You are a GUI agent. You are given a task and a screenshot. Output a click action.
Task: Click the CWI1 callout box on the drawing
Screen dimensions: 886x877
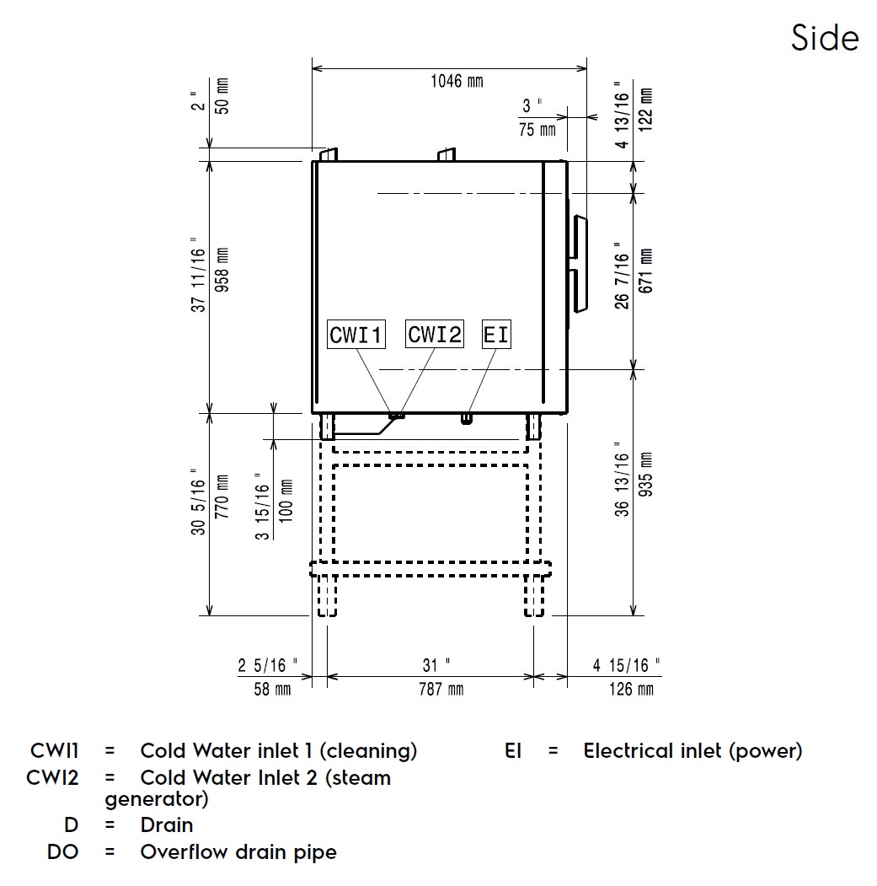[x=356, y=335]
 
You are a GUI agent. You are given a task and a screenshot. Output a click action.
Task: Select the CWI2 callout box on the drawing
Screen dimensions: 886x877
[x=435, y=335]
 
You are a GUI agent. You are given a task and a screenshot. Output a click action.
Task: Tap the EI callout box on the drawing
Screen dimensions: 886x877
[x=496, y=335]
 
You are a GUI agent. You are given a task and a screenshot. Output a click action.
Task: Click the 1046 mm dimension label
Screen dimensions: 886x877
[x=457, y=82]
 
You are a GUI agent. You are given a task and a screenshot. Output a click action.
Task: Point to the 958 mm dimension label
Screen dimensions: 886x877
[x=222, y=268]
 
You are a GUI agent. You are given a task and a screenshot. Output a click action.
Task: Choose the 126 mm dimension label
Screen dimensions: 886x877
[x=632, y=690]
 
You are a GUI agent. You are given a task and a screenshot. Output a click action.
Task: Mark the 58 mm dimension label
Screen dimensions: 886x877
[x=271, y=690]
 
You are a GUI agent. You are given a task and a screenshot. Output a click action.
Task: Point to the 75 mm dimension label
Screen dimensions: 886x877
[x=537, y=130]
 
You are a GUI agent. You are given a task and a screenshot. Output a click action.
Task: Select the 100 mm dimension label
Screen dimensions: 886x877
[x=286, y=501]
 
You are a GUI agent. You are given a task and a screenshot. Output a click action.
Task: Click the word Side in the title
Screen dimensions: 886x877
[x=825, y=38]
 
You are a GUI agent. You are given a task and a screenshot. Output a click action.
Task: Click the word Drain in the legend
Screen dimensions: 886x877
[x=167, y=824]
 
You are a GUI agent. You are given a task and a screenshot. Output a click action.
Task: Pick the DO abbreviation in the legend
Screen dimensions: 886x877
[x=63, y=851]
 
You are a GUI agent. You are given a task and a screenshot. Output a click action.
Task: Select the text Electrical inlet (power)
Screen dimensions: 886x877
[x=693, y=750]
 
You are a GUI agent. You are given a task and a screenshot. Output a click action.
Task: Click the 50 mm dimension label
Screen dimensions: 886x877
[x=222, y=94]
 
